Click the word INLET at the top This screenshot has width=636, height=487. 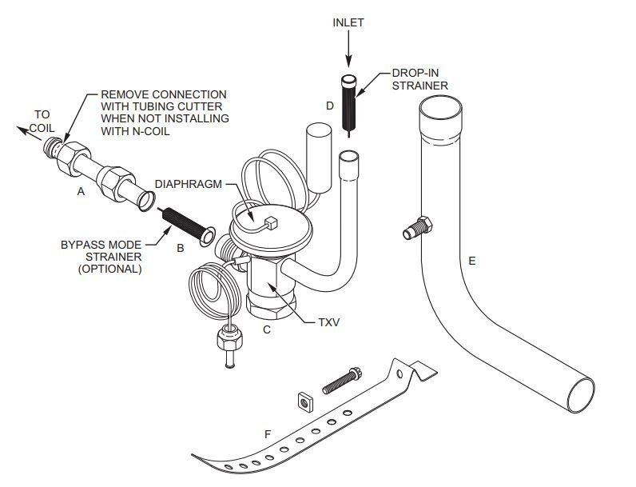(348, 22)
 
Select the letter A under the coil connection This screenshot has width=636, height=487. (80, 191)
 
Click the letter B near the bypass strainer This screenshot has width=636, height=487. (181, 248)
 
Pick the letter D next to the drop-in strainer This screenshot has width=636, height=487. (329, 105)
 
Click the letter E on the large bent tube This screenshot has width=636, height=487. (472, 261)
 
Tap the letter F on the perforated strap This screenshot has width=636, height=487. (268, 433)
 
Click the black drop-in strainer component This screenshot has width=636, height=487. (349, 104)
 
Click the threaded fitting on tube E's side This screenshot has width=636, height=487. (417, 228)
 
